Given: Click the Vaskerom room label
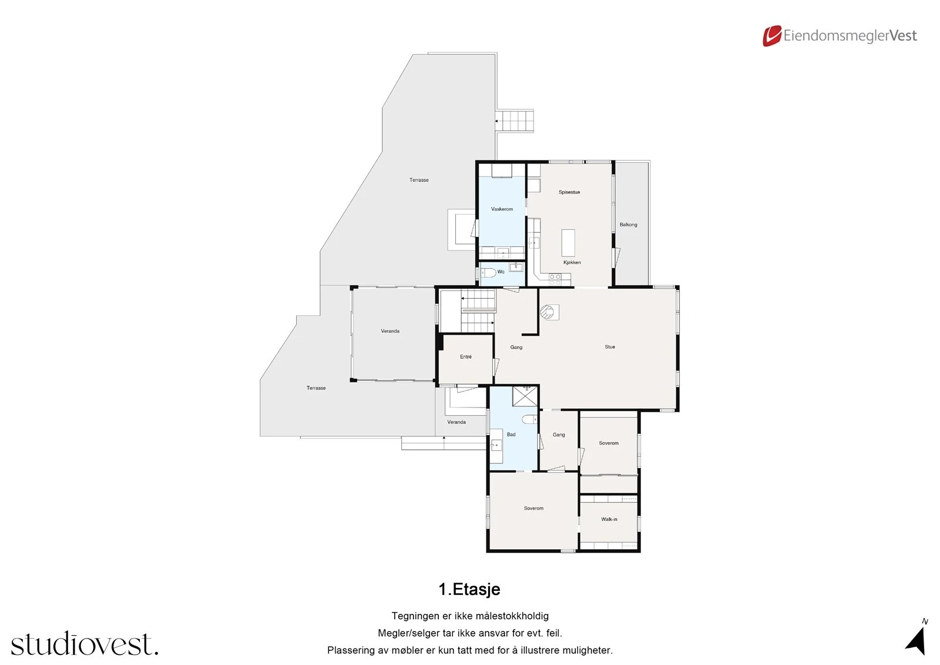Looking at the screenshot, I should pyautogui.click(x=502, y=209).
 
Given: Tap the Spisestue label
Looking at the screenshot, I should pyautogui.click(x=569, y=192).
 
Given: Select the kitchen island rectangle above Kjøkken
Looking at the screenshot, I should pyautogui.click(x=568, y=242).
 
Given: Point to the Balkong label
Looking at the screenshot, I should pyautogui.click(x=628, y=225).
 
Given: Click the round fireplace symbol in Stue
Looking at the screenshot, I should pyautogui.click(x=548, y=312).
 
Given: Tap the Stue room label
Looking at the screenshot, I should pyautogui.click(x=610, y=347).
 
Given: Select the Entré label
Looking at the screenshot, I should pyautogui.click(x=465, y=357).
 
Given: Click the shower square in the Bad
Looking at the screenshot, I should pyautogui.click(x=525, y=396).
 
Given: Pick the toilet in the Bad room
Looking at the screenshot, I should pyautogui.click(x=529, y=419).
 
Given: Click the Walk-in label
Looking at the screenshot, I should pyautogui.click(x=609, y=519).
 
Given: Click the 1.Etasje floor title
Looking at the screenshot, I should pyautogui.click(x=469, y=589).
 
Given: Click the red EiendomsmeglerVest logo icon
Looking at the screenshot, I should pyautogui.click(x=771, y=36).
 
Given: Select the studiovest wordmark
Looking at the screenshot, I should pyautogui.click(x=85, y=644).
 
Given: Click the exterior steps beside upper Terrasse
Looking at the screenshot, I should pyautogui.click(x=515, y=121).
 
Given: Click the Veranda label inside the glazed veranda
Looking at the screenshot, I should pyautogui.click(x=390, y=331).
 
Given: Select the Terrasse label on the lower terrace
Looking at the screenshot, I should pyautogui.click(x=316, y=388).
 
